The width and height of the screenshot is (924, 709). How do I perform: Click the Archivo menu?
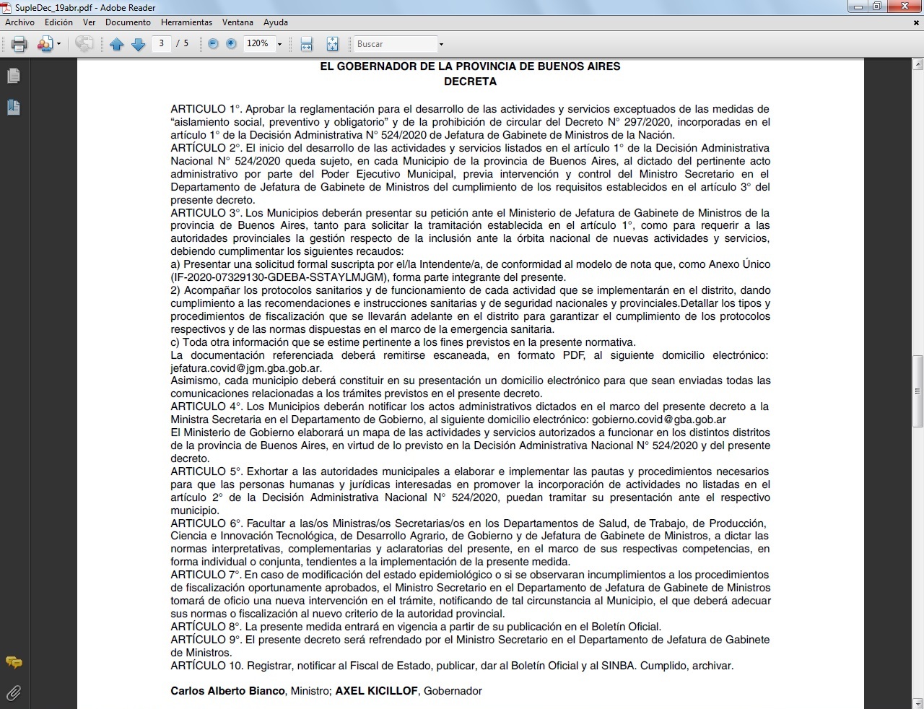click(x=19, y=22)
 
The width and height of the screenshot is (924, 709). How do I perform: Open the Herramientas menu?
click(x=186, y=22)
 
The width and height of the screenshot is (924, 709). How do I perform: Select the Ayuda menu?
click(x=276, y=22)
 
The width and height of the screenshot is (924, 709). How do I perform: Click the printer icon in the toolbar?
click(x=19, y=45)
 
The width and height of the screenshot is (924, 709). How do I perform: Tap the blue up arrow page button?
click(x=117, y=45)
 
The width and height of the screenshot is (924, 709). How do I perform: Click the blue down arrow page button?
click(x=138, y=45)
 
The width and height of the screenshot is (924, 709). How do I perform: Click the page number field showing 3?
click(x=162, y=44)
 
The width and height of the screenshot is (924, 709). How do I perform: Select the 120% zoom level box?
click(x=258, y=44)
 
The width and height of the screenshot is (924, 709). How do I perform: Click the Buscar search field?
click(x=396, y=44)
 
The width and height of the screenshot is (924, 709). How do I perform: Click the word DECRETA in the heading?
click(x=470, y=82)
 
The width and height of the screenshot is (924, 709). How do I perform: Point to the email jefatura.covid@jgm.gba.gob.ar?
click(x=246, y=368)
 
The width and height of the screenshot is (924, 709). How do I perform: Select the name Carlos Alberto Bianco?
click(x=227, y=691)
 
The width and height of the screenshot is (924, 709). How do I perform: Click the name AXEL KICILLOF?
click(x=376, y=691)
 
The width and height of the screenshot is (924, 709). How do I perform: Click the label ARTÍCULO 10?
click(x=207, y=666)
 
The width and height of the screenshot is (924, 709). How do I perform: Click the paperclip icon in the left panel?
click(x=13, y=693)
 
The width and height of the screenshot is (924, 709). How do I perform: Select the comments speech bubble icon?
click(x=13, y=663)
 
